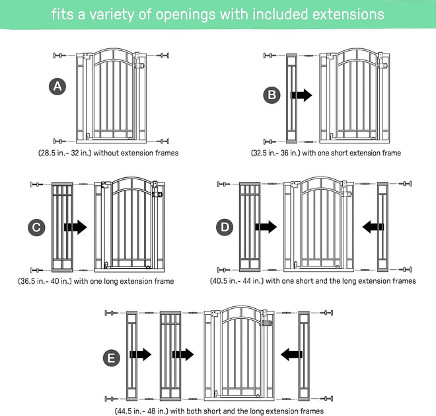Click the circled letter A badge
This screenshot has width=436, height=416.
pyautogui.click(x=57, y=87)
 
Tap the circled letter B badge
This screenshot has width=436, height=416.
pyautogui.click(x=272, y=95)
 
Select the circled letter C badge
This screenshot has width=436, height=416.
pyautogui.click(x=36, y=228)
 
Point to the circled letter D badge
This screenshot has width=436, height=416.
pyautogui.click(x=225, y=228)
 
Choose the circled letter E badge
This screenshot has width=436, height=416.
pyautogui.click(x=112, y=358)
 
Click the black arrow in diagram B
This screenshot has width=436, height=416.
pyautogui.click(x=301, y=95)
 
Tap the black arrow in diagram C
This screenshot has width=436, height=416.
pyautogui.click(x=75, y=228)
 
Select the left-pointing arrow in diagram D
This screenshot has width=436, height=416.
pyautogui.click(x=373, y=227)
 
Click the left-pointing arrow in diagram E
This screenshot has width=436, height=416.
pyautogui.click(x=291, y=354)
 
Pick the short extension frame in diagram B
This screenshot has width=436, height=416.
pyautogui.click(x=292, y=99)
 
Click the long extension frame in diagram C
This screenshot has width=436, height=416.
pyautogui.click(x=62, y=228)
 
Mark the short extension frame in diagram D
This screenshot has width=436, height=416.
pyautogui.click(x=382, y=227)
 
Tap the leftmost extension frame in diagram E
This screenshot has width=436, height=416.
pyautogui.click(x=132, y=356)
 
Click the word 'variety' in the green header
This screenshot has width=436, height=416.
pyautogui.click(x=111, y=15)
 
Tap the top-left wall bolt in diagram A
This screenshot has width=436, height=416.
pyautogui.click(x=59, y=56)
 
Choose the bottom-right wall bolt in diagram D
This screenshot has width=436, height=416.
pyautogui.click(x=405, y=269)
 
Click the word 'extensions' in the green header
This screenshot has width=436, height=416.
pyautogui.click(x=348, y=14)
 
